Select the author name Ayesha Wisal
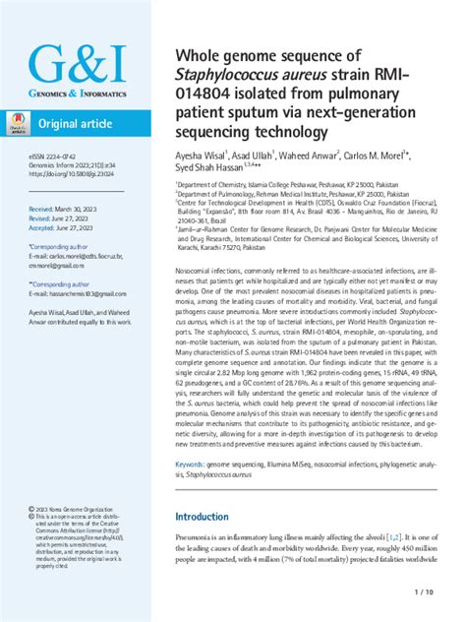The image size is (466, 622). click(x=202, y=154)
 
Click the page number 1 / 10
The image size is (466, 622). click(x=424, y=591)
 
